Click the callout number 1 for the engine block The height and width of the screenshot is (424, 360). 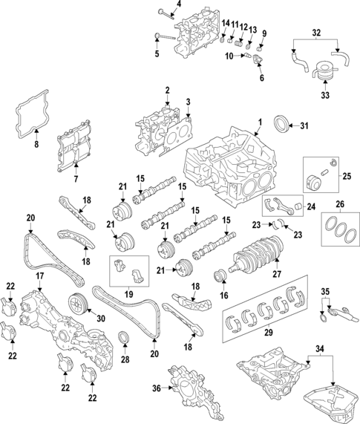260,122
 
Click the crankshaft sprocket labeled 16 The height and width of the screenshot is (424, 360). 219,279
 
